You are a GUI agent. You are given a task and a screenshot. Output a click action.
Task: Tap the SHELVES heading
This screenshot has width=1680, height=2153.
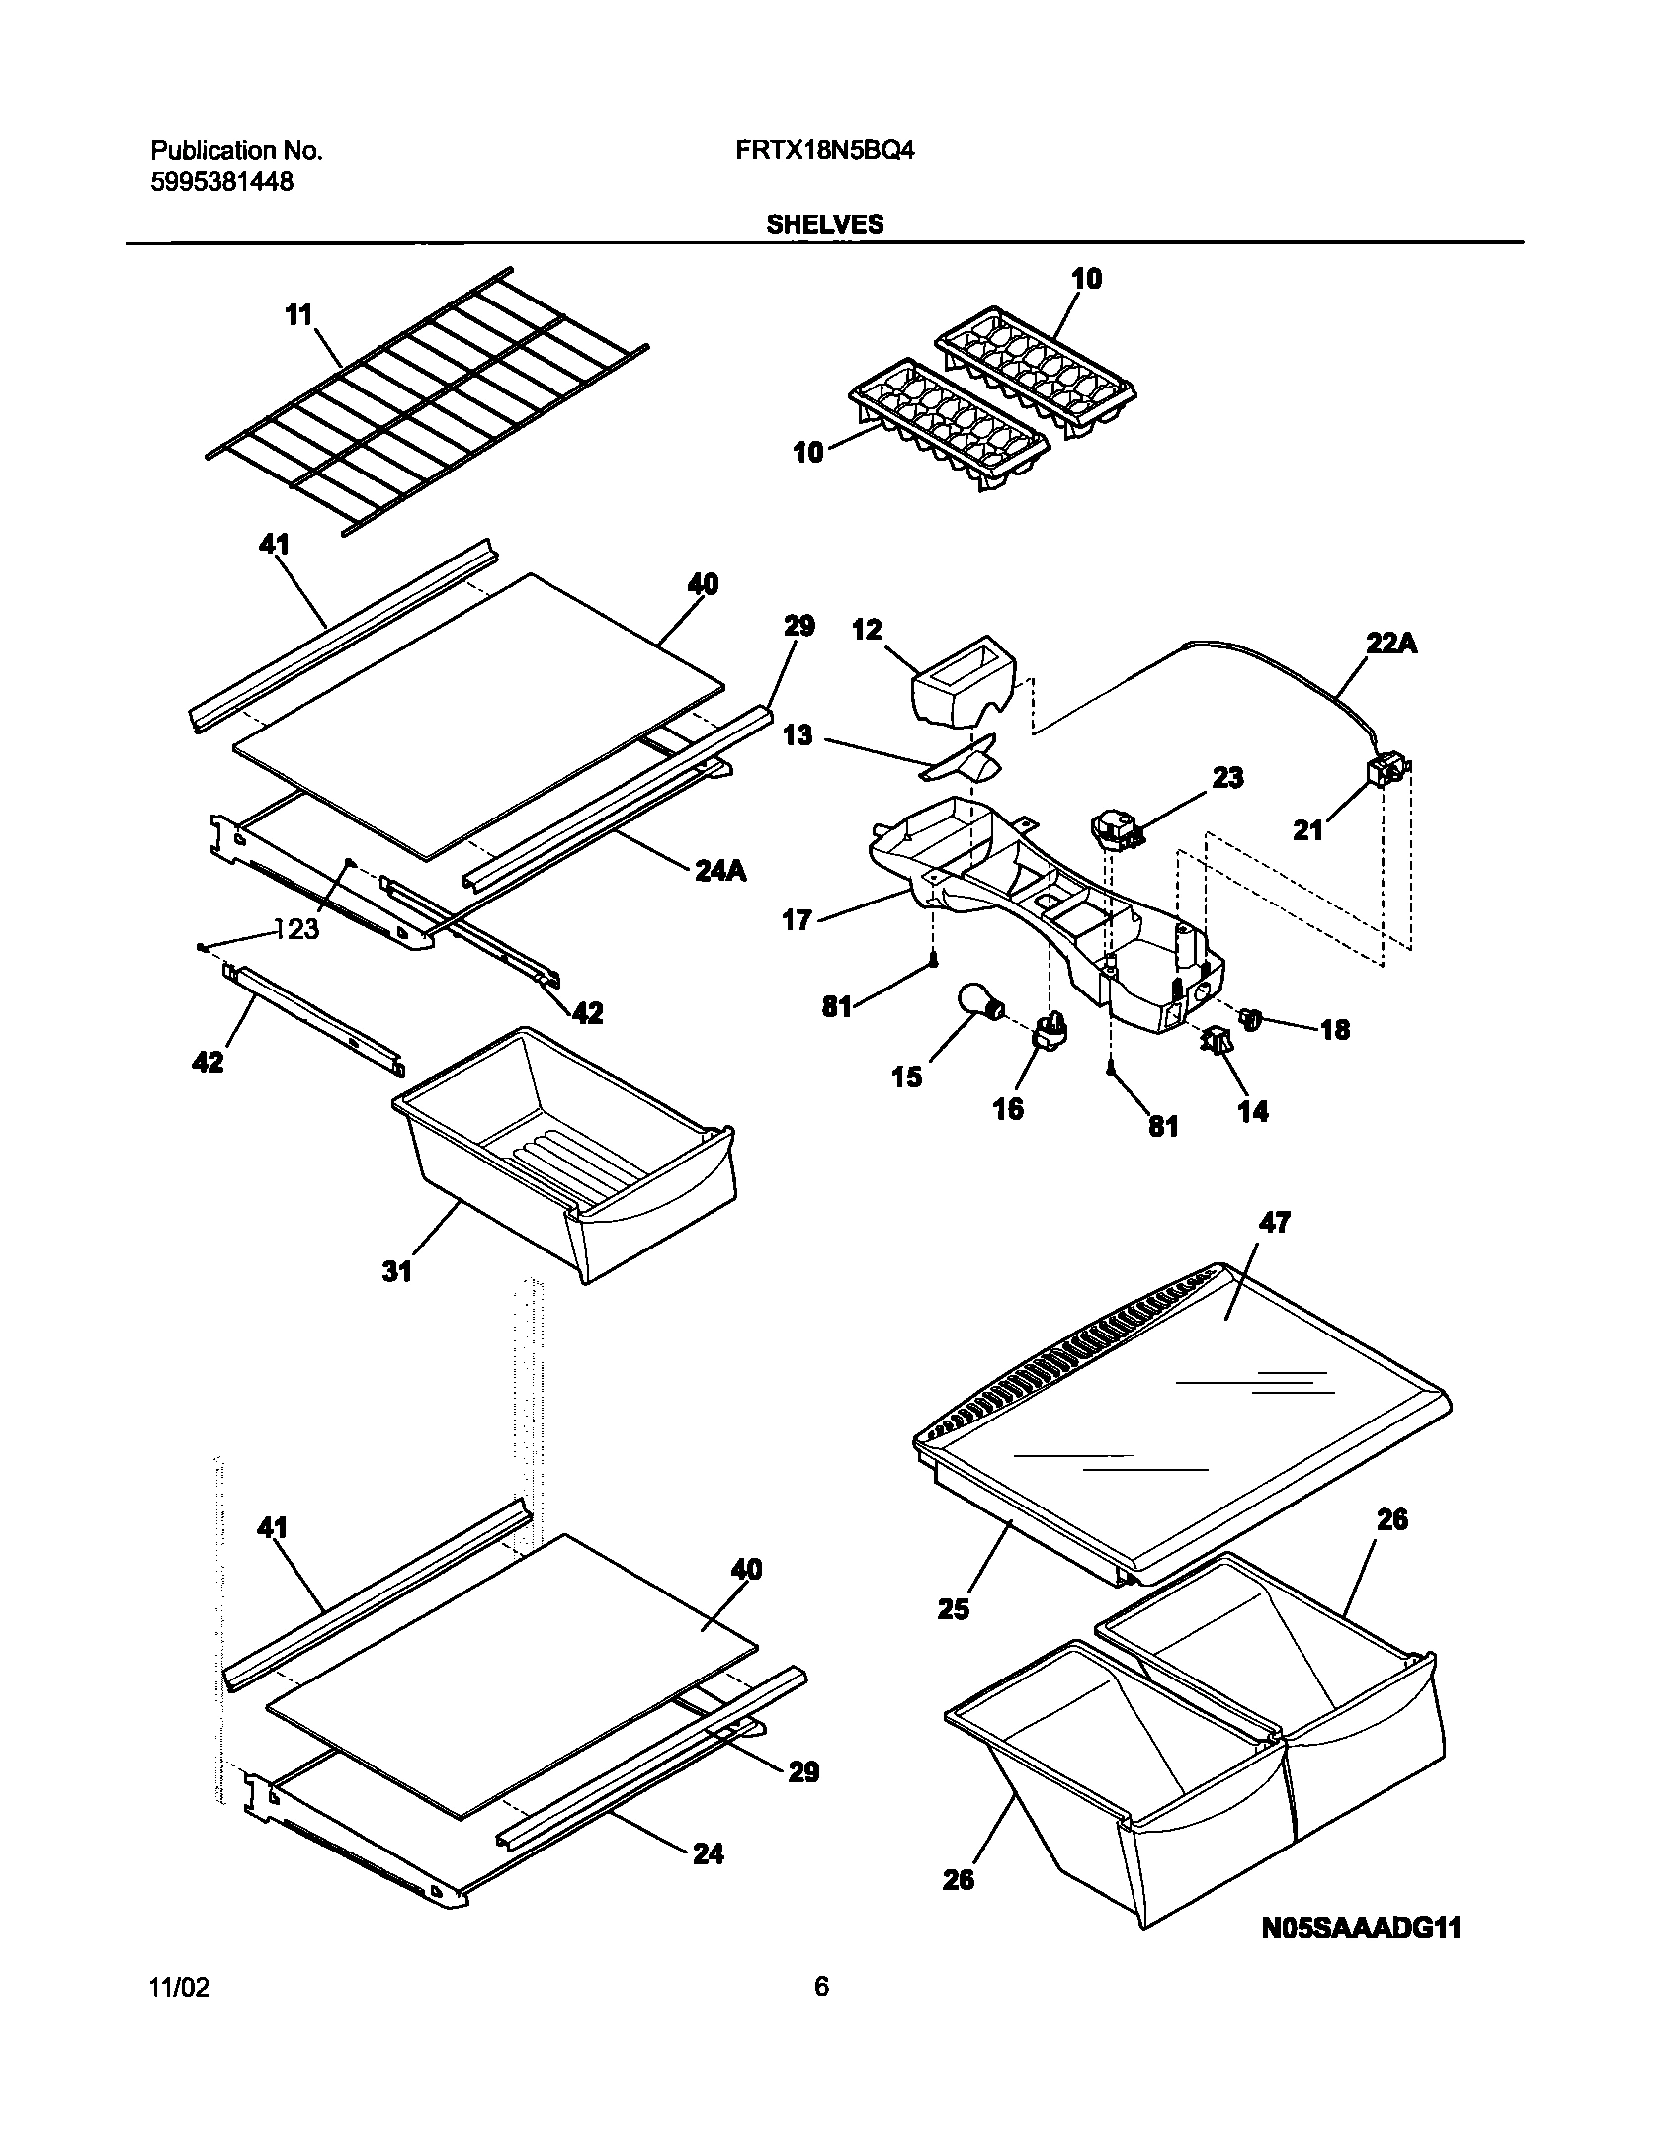(x=825, y=225)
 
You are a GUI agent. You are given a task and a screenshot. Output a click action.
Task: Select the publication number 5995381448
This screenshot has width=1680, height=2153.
(x=221, y=182)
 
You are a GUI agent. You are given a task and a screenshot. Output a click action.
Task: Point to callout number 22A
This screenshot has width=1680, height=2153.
(x=1391, y=643)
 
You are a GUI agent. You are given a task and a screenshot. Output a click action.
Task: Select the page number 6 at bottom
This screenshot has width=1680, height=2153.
(x=821, y=2014)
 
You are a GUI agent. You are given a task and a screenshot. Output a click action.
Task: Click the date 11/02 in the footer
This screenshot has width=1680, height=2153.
(x=179, y=2014)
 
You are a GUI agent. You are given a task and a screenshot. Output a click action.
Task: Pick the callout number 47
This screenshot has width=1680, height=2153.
(x=1275, y=1223)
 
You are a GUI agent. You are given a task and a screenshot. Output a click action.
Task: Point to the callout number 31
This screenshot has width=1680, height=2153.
(x=396, y=1271)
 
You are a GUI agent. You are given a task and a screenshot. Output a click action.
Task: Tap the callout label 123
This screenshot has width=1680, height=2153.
(x=296, y=928)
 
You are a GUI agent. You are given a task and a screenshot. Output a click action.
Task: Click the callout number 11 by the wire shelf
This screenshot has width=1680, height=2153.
(x=297, y=315)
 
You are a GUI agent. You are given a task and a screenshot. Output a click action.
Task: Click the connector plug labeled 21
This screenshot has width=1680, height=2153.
(x=1385, y=771)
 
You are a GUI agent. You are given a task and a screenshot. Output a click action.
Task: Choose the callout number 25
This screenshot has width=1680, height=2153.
(x=955, y=1609)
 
